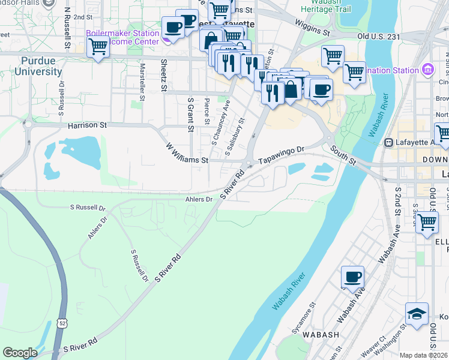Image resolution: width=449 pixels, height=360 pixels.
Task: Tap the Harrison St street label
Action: point(87,125)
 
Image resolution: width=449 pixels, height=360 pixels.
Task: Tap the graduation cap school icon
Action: point(417,314)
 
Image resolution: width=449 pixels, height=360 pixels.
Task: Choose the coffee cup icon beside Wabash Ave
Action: point(352,278)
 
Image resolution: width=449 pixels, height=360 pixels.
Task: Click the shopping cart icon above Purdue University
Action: point(98,46)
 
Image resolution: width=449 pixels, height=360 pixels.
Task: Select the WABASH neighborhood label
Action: point(321,335)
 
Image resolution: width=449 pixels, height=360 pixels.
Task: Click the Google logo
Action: point(20,353)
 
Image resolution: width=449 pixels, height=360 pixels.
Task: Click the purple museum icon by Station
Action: point(427,70)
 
